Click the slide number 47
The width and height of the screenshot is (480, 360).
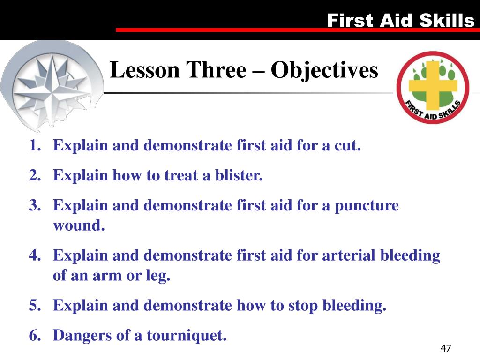[x=445, y=348]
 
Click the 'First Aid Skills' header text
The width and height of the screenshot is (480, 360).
[x=400, y=20]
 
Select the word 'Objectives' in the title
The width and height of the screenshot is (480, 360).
[x=324, y=70]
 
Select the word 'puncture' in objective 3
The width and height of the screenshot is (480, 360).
[x=367, y=206]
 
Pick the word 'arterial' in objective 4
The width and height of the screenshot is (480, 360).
[x=349, y=256]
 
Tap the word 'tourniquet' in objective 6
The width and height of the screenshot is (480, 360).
[x=186, y=336]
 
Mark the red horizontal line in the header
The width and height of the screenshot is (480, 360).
[x=295, y=30]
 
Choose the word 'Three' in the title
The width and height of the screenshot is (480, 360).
[x=217, y=70]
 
